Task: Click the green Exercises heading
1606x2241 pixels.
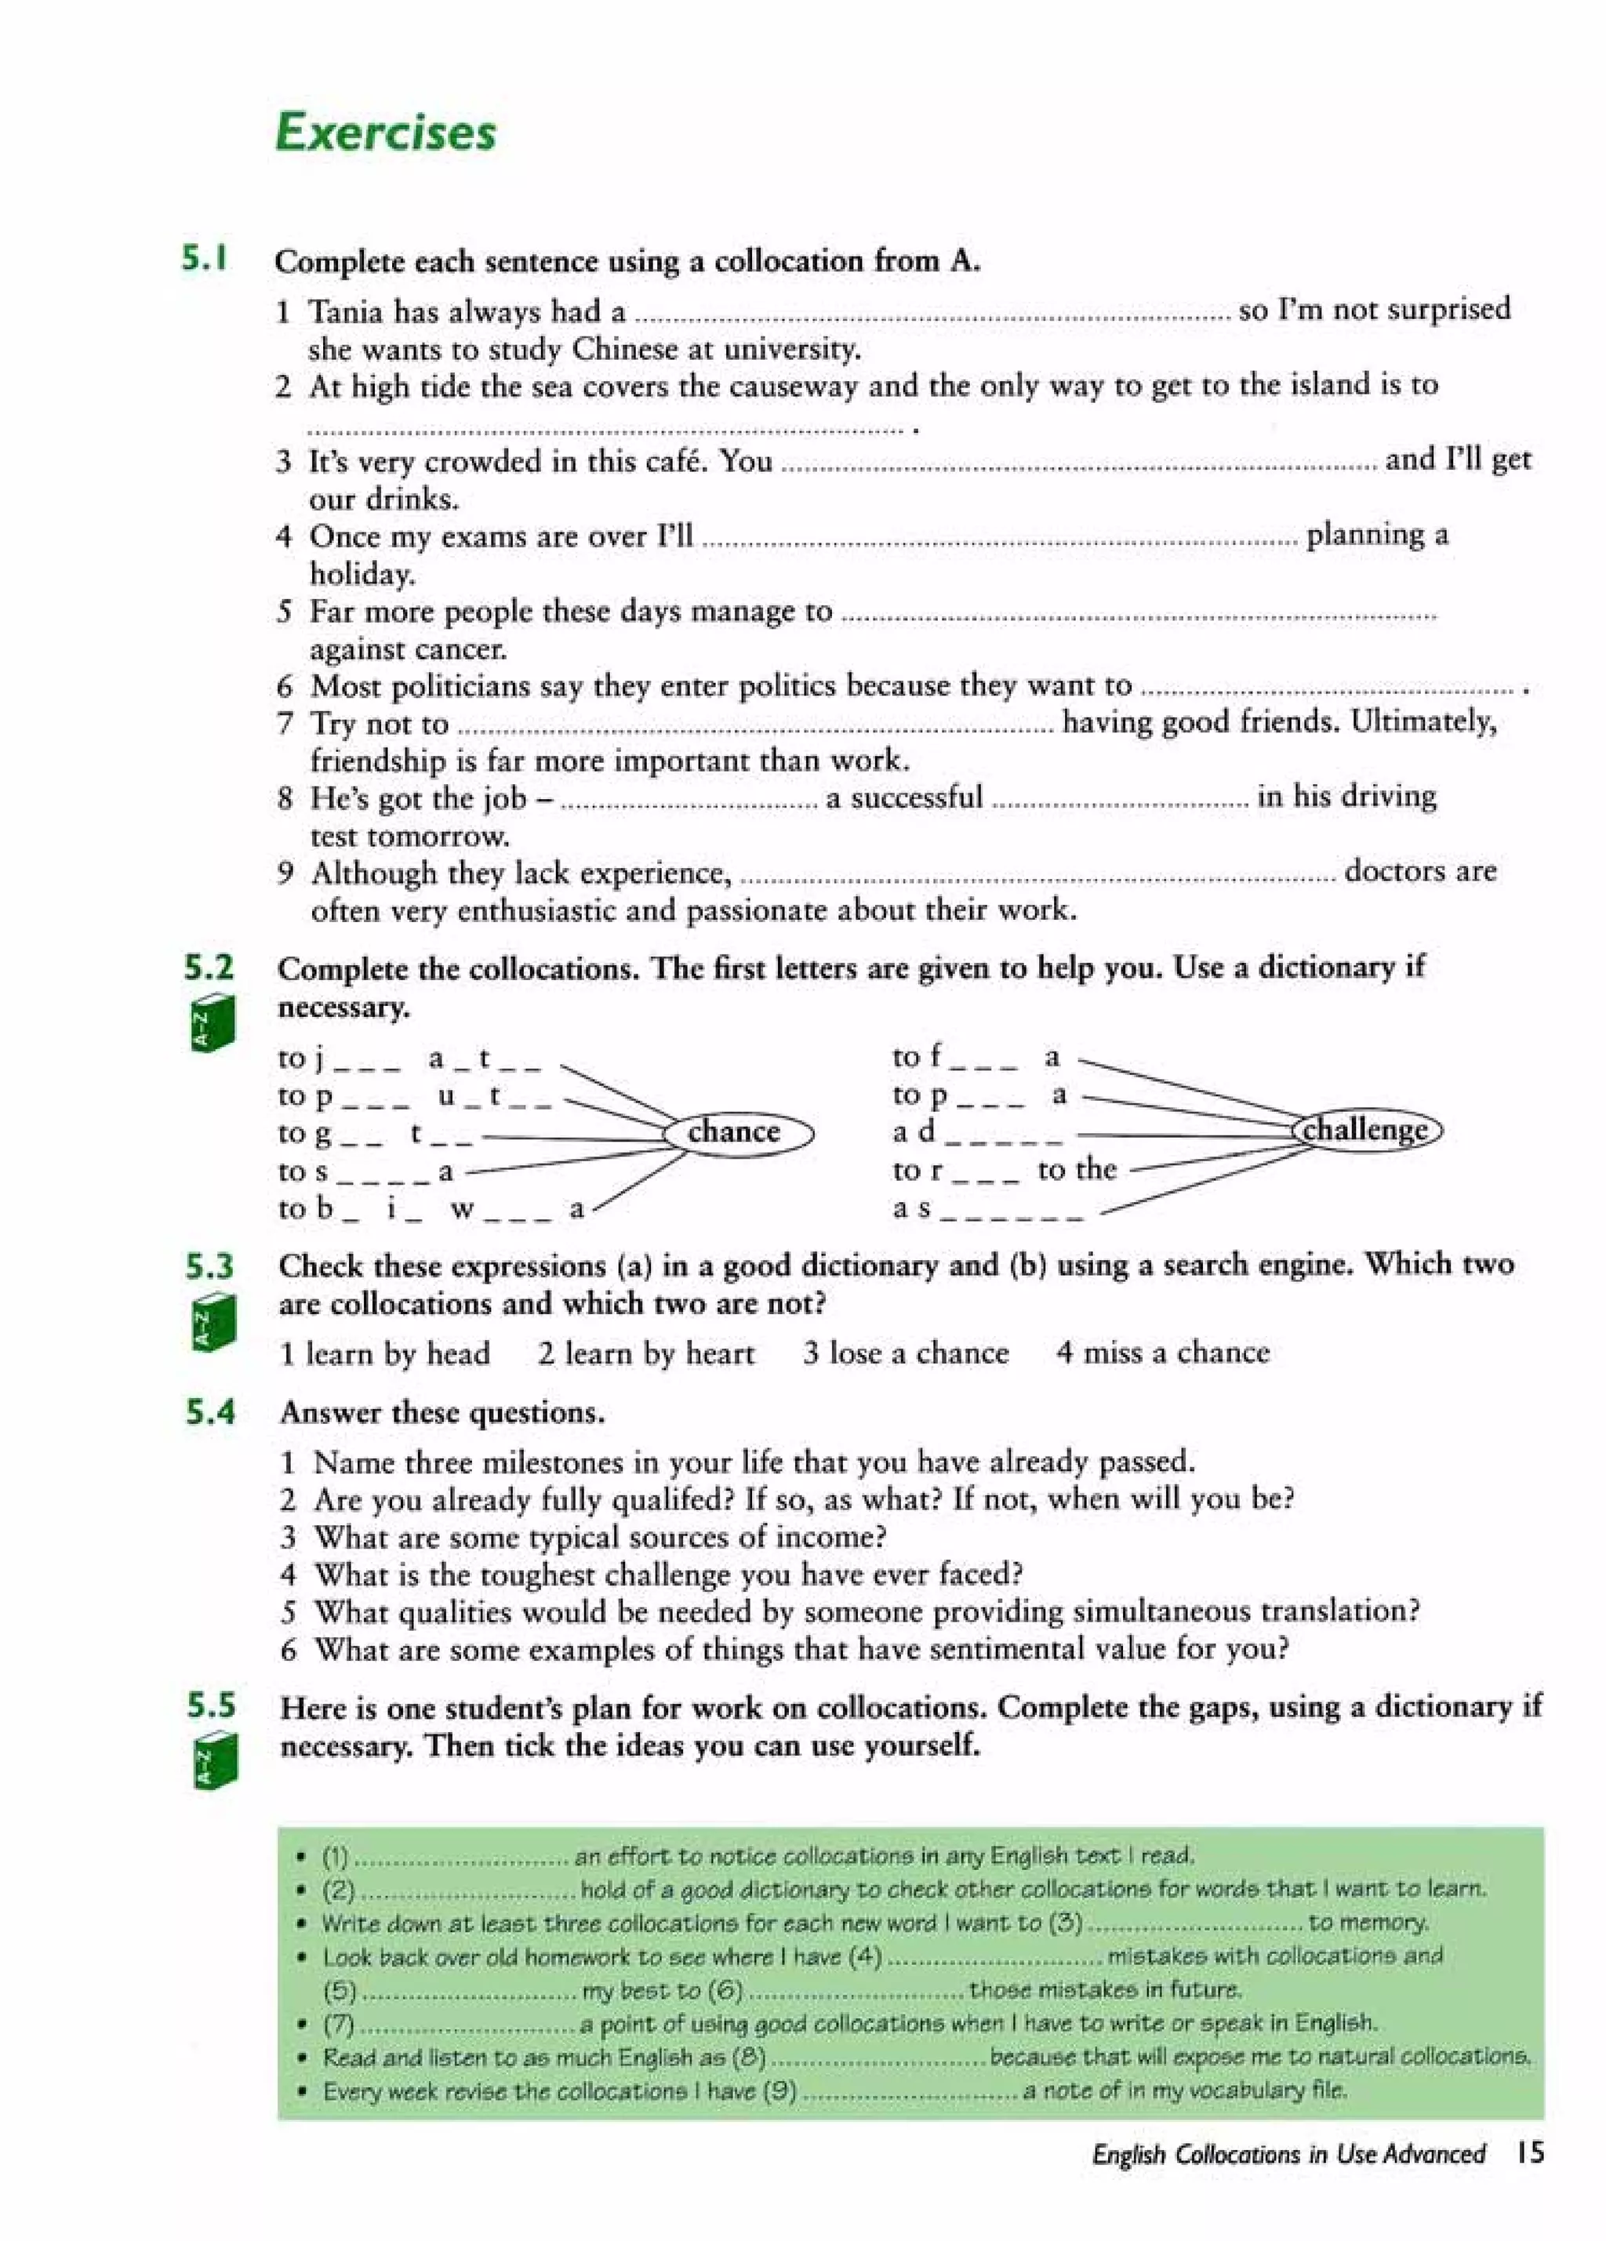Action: (x=386, y=133)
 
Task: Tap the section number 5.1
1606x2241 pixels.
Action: (x=205, y=259)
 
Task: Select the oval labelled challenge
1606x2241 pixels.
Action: (x=1367, y=1129)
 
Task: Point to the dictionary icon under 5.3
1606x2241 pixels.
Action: (x=213, y=1321)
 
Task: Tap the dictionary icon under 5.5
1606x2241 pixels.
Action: (x=214, y=1762)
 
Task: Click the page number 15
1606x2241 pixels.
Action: (x=1529, y=2152)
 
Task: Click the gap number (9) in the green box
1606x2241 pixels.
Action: (x=779, y=2090)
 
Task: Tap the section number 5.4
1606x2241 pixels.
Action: (x=210, y=1413)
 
